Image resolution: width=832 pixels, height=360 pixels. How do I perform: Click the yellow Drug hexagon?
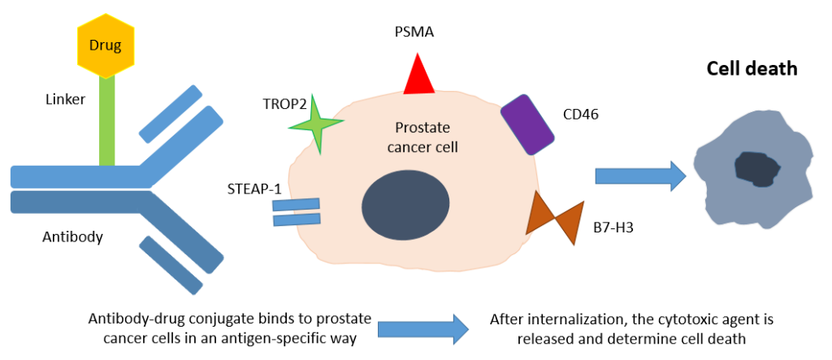coord(105,45)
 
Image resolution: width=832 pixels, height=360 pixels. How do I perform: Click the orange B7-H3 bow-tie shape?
coord(555,214)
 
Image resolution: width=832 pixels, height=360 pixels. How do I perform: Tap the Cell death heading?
coord(751,69)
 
